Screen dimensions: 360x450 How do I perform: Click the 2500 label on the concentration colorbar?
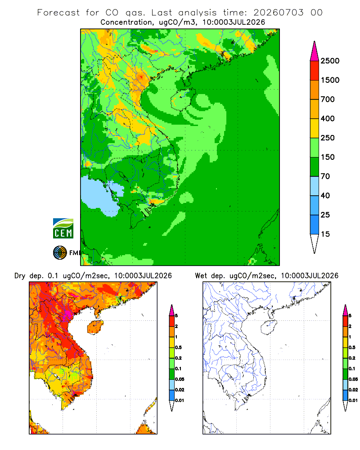[330, 61]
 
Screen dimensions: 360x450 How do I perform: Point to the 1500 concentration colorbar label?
[330, 80]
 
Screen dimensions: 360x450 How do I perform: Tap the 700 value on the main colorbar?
[328, 99]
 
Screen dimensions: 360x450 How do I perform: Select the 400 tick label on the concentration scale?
[328, 118]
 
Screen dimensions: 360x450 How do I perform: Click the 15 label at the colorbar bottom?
[325, 234]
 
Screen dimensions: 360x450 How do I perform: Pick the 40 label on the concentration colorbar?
[325, 196]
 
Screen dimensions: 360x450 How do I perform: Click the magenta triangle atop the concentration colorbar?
[315, 52]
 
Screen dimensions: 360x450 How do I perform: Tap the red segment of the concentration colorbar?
[315, 71]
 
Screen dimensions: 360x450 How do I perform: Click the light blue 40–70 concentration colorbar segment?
[315, 186]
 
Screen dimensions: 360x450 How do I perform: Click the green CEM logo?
[63, 229]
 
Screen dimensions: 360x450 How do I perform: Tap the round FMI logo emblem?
[60, 253]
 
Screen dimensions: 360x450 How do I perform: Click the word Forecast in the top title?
[58, 13]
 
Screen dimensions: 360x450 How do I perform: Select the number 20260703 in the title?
[278, 13]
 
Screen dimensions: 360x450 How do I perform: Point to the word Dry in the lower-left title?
[20, 276]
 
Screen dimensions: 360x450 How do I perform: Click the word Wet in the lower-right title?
[201, 276]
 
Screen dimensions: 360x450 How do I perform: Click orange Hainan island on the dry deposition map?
[94, 327]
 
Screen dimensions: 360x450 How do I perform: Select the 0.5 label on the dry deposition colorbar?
[178, 347]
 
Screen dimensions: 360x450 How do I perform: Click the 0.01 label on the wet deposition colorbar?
[353, 400]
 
